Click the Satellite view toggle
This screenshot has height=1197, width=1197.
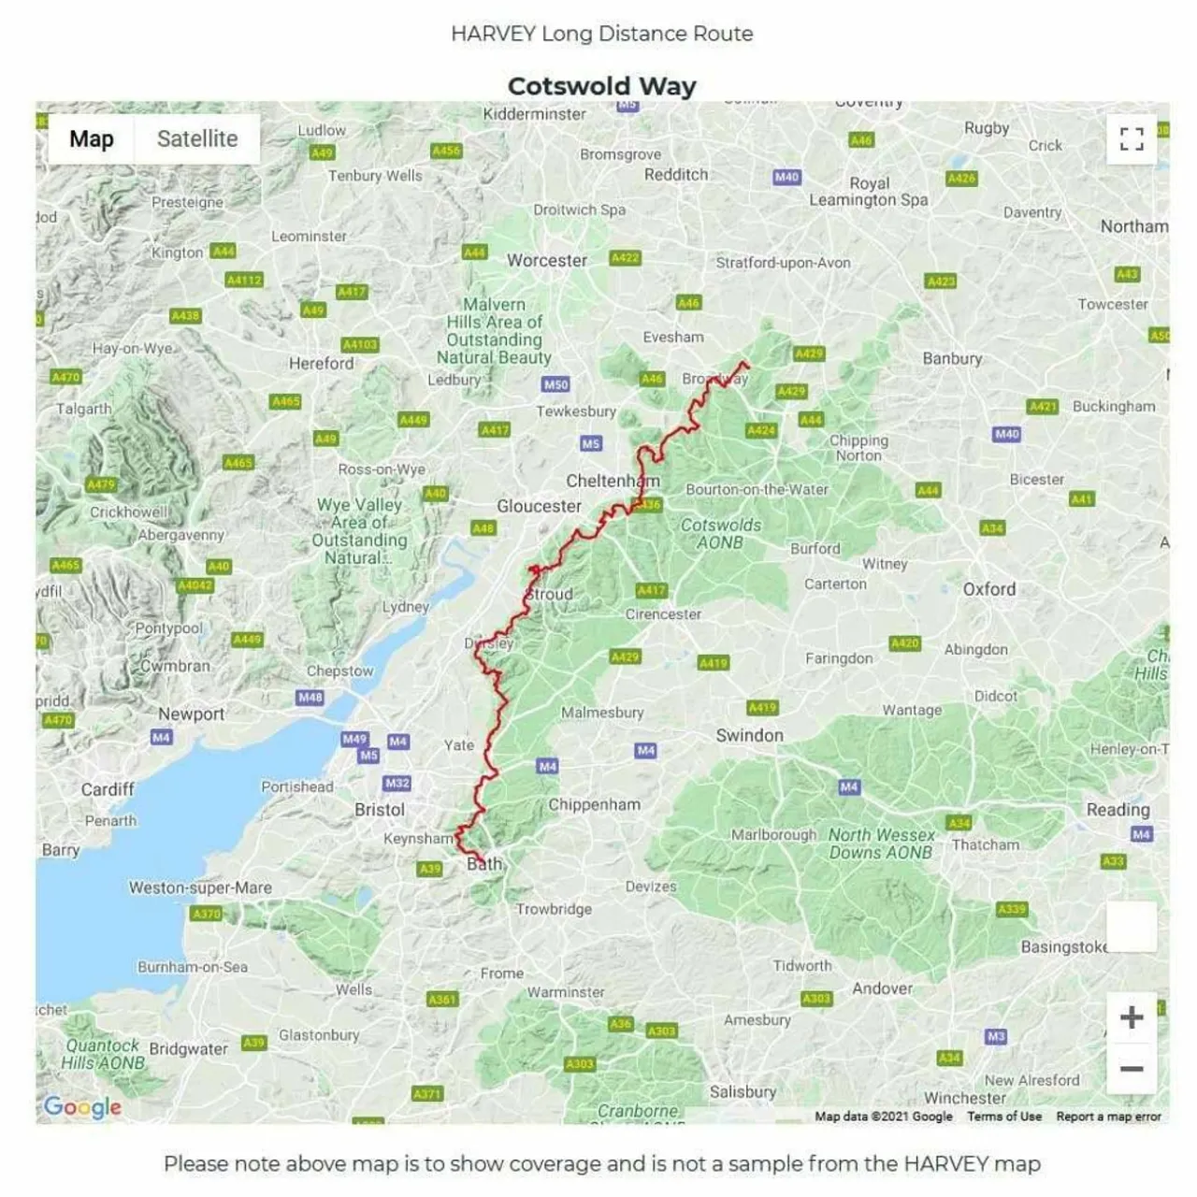196,139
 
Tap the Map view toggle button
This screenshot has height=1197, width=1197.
92,139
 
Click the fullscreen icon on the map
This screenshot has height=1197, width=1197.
1132,139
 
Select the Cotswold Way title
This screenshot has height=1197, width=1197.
601,86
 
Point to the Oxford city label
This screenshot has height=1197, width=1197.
988,589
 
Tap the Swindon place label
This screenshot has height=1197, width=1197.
749,735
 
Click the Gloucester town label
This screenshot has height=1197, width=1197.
539,506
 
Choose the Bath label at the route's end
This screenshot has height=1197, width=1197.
484,864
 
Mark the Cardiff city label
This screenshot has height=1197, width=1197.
108,789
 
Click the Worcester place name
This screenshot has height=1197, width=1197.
547,261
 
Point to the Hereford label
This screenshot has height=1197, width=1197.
321,363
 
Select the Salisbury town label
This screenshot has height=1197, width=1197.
743,1091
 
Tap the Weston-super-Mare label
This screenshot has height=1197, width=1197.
200,887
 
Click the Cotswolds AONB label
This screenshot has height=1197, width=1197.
720,534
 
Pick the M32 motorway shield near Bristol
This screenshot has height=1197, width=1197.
397,783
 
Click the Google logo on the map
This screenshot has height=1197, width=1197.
82,1107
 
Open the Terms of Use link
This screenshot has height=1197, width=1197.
1003,1117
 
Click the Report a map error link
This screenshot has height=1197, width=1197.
1108,1117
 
